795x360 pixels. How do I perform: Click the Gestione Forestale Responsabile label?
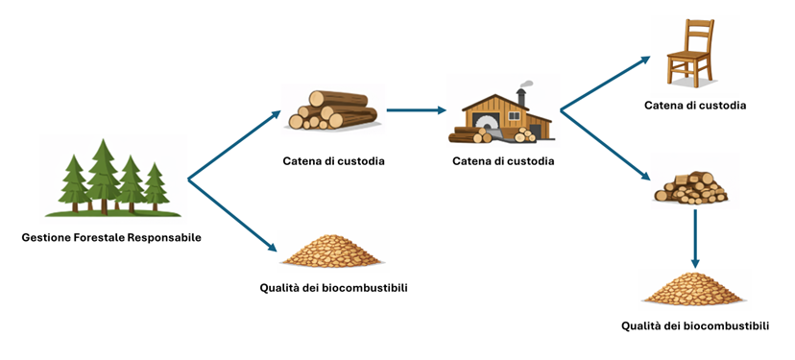click(111, 236)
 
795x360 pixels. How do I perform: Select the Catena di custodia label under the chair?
click(694, 105)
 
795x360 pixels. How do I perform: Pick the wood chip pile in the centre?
click(331, 252)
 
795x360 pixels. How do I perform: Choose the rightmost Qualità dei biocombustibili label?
click(695, 325)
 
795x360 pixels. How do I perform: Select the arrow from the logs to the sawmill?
click(418, 110)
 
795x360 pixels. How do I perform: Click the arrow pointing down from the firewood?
click(694, 240)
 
